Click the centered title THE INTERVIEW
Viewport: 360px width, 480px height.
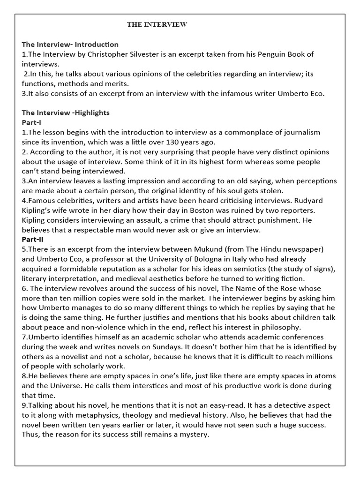(157, 25)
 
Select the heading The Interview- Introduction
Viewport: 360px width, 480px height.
(70, 45)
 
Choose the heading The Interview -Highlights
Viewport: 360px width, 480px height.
(66, 113)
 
